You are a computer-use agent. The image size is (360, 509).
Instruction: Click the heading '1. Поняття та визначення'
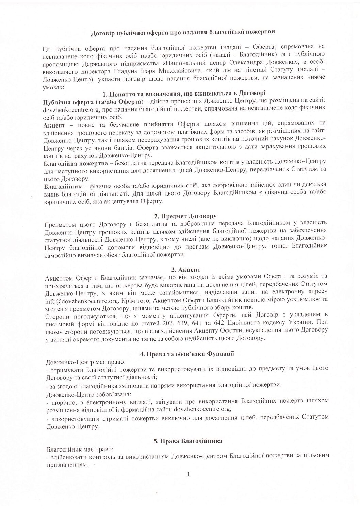(x=184, y=94)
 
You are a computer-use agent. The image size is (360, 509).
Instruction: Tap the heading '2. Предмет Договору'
(x=185, y=216)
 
